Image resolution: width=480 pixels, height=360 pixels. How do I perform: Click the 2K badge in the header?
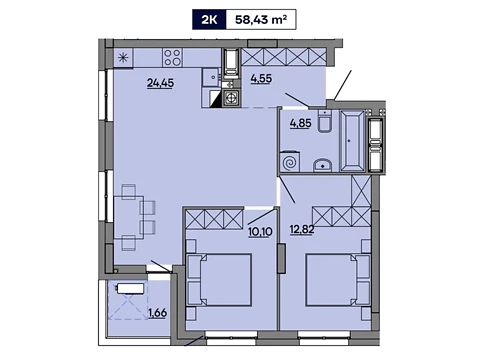[x=209, y=20]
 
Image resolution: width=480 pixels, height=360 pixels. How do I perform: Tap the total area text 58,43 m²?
[x=261, y=20]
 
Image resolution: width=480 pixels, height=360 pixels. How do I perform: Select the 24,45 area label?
[x=160, y=83]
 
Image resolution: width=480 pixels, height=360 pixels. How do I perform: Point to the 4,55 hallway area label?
[x=261, y=79]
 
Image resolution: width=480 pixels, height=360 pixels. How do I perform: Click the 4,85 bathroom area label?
[x=301, y=123]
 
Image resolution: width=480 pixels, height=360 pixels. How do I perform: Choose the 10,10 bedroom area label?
[x=260, y=231]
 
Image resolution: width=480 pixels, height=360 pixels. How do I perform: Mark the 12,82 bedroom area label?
[x=302, y=230]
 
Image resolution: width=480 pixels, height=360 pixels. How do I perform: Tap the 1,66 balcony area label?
[x=158, y=313]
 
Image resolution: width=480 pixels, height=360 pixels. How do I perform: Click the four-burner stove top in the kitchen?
[x=172, y=57]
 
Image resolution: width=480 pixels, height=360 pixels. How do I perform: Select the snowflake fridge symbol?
[x=123, y=58]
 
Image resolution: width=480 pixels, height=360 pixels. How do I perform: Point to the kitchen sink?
[x=212, y=78]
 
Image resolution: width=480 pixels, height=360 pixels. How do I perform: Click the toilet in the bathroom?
[x=325, y=121]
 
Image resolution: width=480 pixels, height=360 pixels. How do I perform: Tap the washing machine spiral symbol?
[x=290, y=162]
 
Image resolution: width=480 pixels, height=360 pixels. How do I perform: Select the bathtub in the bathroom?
[x=352, y=141]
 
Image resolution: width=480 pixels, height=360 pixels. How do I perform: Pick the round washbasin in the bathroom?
[x=322, y=165]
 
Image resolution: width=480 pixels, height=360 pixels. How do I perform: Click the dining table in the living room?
[x=129, y=217]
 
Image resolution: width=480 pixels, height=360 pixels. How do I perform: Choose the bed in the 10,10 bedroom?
[x=219, y=280]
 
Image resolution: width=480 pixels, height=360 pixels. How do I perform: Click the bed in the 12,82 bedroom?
[x=338, y=280]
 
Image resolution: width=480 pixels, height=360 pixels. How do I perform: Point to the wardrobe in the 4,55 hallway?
[x=284, y=57]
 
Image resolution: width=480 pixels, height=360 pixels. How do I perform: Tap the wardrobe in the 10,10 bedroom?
[x=214, y=219]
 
